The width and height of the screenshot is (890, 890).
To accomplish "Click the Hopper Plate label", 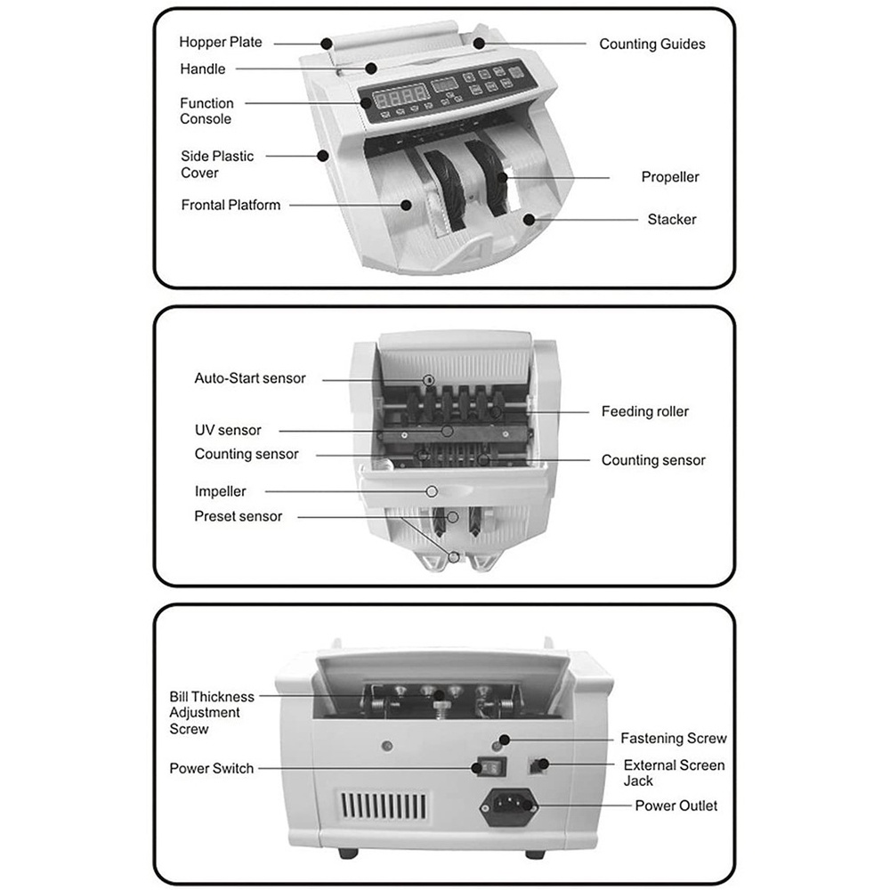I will tap(221, 42).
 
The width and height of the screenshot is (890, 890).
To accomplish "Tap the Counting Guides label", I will tap(651, 44).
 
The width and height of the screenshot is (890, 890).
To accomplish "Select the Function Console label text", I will tap(206, 111).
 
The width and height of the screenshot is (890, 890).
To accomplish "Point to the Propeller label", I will tap(670, 177).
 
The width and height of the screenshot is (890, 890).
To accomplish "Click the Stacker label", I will tap(671, 219).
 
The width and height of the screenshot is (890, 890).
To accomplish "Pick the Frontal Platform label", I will tap(231, 205).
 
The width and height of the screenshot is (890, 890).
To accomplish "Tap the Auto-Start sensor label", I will tap(249, 378).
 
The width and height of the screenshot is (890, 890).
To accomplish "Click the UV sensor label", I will tap(228, 430).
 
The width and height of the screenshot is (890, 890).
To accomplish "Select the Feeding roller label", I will tap(644, 411).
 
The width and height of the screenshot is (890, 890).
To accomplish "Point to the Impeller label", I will tap(220, 490).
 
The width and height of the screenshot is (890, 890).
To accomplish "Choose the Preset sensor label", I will tap(238, 516).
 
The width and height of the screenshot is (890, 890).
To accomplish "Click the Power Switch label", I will tap(211, 768).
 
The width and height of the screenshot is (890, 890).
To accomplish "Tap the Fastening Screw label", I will tap(673, 738).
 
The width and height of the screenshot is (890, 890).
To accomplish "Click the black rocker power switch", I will tap(486, 766).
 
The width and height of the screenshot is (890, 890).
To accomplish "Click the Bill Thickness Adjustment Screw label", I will tap(212, 713).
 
